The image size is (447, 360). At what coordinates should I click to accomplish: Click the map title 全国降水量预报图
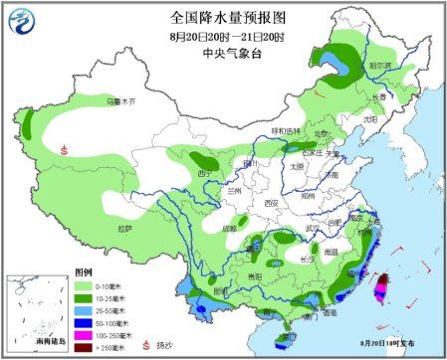[x=221, y=17]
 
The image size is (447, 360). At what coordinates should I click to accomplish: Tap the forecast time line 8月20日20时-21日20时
[x=222, y=36]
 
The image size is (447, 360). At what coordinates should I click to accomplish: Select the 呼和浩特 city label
[x=284, y=131]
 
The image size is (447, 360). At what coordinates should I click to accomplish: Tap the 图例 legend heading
[x=83, y=271]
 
